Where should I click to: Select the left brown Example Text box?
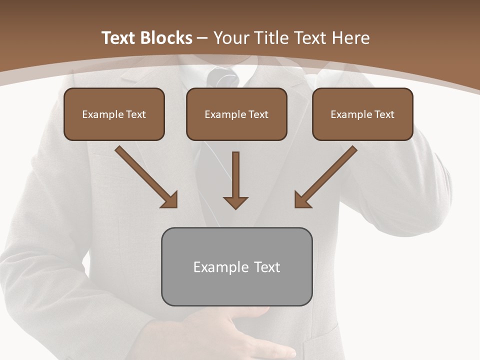(x=114, y=114)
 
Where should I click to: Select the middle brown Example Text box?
(x=236, y=114)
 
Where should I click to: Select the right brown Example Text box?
(x=362, y=114)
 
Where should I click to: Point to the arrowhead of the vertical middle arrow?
(x=235, y=202)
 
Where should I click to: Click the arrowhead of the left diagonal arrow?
(x=170, y=200)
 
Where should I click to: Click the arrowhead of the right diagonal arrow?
(x=302, y=200)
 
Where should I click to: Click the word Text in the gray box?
(x=266, y=267)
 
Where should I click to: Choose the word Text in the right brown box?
(x=384, y=114)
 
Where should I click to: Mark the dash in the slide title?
(x=202, y=38)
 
